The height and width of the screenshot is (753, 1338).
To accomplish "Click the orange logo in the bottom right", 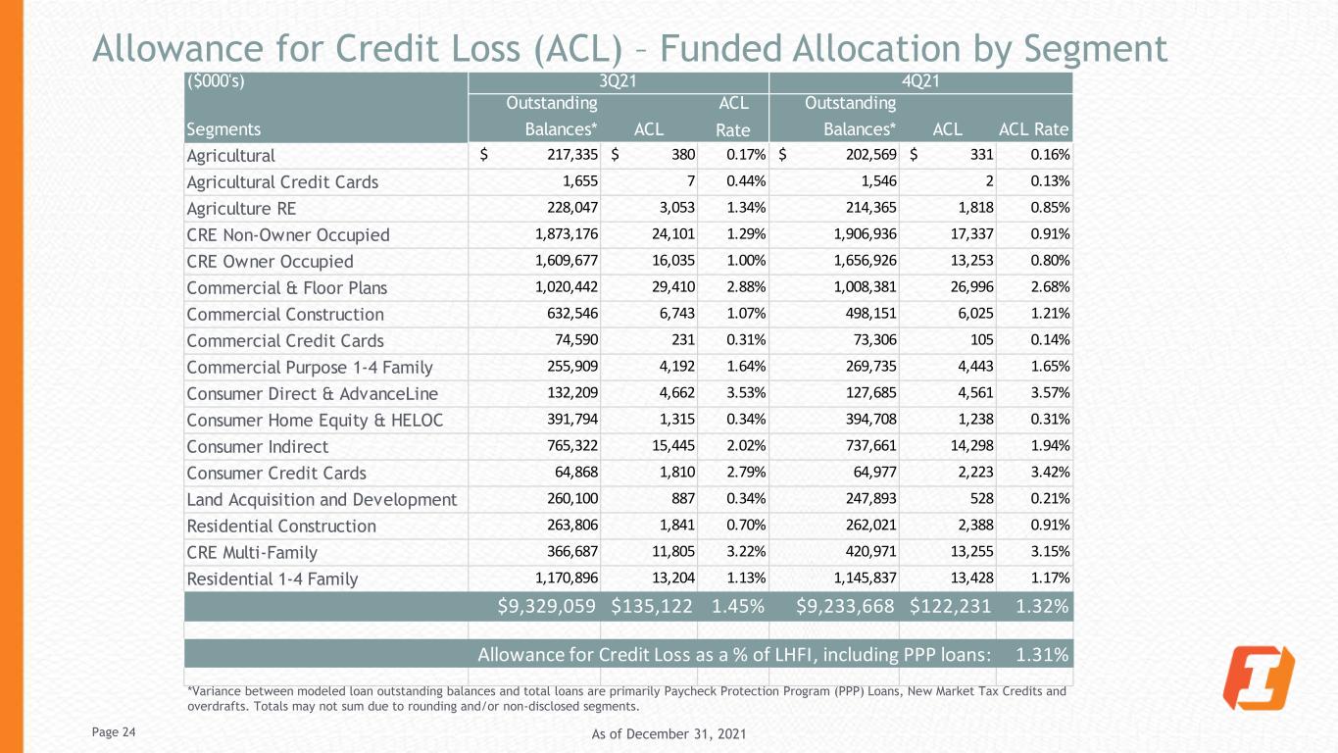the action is click(1259, 678).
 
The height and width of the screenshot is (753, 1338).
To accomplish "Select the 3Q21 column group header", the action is click(618, 80).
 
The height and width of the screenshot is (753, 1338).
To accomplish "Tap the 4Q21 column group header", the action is click(920, 80).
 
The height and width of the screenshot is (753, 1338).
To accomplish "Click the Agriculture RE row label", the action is click(241, 209).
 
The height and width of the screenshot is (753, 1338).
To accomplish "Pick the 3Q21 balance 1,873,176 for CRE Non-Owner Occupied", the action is click(567, 233).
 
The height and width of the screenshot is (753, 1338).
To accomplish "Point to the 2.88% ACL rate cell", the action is click(745, 287).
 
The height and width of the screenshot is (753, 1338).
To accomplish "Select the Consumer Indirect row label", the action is click(258, 446).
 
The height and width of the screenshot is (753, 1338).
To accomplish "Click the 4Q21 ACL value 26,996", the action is click(971, 287).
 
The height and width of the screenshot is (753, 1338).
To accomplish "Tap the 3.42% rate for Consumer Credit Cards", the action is click(1050, 473).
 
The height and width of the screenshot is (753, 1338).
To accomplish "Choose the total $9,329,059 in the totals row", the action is click(547, 607).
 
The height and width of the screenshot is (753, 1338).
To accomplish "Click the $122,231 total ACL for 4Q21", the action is click(951, 607).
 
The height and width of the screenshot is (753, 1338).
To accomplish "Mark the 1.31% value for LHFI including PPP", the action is click(1042, 655).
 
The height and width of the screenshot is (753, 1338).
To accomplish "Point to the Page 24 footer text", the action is click(114, 732).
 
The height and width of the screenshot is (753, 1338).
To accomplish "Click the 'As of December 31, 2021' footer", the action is click(669, 733).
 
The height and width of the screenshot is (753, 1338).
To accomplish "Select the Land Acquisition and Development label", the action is click(322, 500).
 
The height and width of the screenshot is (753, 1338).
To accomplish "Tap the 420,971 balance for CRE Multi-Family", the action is click(870, 551).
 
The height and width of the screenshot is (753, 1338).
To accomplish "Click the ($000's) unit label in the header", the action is click(216, 81).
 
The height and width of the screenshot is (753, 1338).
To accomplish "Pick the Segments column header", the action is click(223, 129).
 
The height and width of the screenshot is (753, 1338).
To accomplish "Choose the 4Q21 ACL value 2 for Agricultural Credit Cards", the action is click(989, 181).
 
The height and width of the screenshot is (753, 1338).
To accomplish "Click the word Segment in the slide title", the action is click(1096, 49).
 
